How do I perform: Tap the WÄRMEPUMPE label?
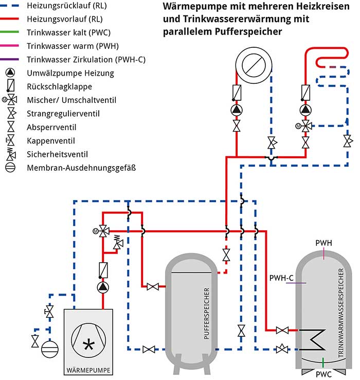[x=88, y=370]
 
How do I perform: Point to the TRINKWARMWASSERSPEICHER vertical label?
[x=340, y=314]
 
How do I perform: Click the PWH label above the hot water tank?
[x=323, y=242]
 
